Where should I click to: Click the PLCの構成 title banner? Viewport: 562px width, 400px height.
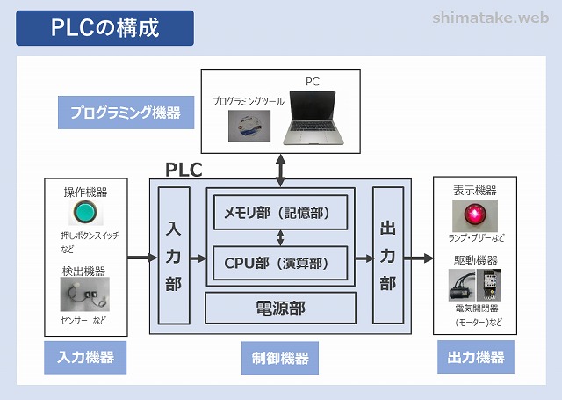click(x=104, y=27)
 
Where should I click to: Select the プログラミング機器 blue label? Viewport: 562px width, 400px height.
click(x=125, y=112)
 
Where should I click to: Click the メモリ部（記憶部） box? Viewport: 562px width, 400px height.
click(x=280, y=212)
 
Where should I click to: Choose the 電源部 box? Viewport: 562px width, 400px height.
click(x=280, y=308)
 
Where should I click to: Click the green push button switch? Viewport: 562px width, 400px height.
click(x=84, y=214)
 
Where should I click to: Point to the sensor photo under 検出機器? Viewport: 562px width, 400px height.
click(x=84, y=294)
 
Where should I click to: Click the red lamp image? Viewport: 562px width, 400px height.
click(x=475, y=215)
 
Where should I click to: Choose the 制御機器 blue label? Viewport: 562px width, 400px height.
click(x=280, y=358)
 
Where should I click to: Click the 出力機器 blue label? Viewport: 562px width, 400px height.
click(x=475, y=357)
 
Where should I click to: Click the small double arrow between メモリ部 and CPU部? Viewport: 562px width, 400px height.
click(x=280, y=236)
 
